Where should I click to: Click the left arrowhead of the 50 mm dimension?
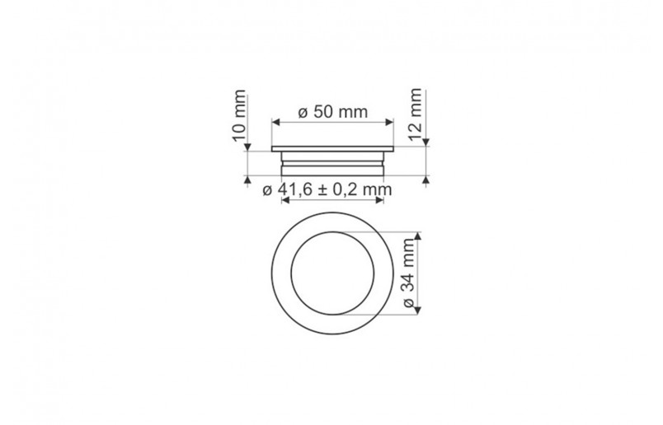[275, 123]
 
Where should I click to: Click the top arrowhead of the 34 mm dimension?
[418, 236]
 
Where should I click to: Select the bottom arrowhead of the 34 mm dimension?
[418, 310]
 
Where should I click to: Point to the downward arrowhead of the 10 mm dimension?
[247, 147]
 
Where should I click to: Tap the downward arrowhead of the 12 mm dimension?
[426, 141]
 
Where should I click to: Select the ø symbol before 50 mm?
[303, 114]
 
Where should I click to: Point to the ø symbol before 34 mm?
[410, 303]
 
